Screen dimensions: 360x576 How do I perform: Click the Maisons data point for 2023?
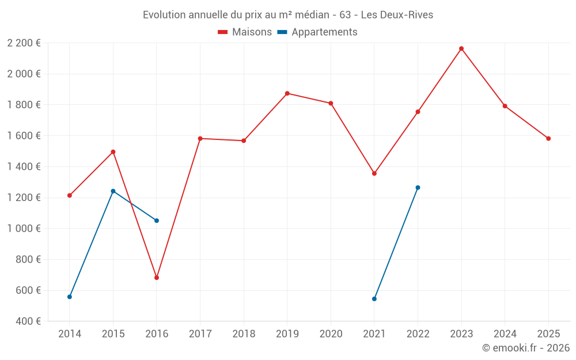pos(461,48)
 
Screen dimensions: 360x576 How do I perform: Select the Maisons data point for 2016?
pos(157,278)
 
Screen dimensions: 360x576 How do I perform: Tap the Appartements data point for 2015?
pos(113,191)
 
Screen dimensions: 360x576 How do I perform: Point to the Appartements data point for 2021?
pos(374,299)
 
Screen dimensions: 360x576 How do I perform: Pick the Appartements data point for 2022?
pos(418,188)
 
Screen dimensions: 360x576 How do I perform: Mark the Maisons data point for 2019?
pos(287,93)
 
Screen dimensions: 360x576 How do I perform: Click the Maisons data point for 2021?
pos(374,173)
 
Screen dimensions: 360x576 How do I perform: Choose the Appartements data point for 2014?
pos(70,297)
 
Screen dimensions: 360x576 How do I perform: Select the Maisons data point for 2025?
pos(548,138)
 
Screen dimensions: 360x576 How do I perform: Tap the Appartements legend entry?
pos(324,32)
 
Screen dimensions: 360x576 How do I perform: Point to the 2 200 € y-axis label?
pos(24,43)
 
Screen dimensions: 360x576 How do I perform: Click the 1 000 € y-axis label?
pos(24,229)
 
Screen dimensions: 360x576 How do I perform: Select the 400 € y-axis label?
pos(28,321)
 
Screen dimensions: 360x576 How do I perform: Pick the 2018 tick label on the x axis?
pos(244,334)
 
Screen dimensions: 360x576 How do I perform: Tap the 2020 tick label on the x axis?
pos(331,334)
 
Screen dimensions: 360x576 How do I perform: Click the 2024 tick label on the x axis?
pos(505,334)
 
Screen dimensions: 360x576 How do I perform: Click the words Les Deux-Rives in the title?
pos(397,15)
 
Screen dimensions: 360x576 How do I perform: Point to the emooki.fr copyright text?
pos(525,348)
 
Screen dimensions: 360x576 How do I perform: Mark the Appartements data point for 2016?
pos(157,221)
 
